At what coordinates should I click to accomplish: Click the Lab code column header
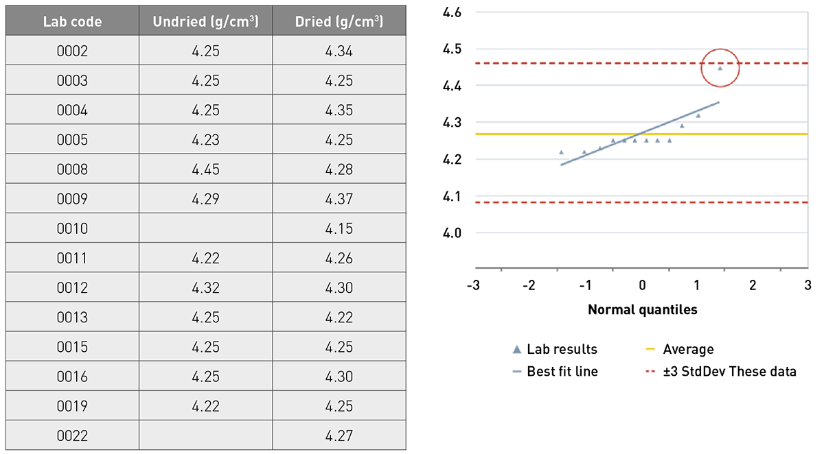pyautogui.click(x=72, y=21)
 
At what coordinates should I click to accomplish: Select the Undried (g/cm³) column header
pyautogui.click(x=206, y=21)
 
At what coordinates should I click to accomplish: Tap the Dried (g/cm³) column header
pyautogui.click(x=339, y=21)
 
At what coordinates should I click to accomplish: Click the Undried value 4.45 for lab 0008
pyautogui.click(x=206, y=169)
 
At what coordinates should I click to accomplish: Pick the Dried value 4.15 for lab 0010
pyautogui.click(x=339, y=228)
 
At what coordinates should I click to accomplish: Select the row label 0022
pyautogui.click(x=72, y=435)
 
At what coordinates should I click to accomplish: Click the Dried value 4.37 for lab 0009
pyautogui.click(x=339, y=199)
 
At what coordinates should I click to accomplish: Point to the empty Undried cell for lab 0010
pyautogui.click(x=206, y=228)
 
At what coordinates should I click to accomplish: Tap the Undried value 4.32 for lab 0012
pyautogui.click(x=206, y=288)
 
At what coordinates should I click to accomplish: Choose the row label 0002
pyautogui.click(x=72, y=51)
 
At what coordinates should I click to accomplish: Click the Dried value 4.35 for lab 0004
pyautogui.click(x=339, y=110)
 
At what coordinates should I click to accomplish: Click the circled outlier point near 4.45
pyautogui.click(x=720, y=68)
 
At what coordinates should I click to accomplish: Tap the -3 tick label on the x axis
pyautogui.click(x=472, y=285)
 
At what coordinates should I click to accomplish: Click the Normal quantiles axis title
pyautogui.click(x=642, y=309)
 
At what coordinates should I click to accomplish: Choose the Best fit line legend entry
pyautogui.click(x=562, y=372)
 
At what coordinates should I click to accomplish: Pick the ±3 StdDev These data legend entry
pyautogui.click(x=729, y=372)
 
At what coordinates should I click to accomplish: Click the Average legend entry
pyautogui.click(x=688, y=349)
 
